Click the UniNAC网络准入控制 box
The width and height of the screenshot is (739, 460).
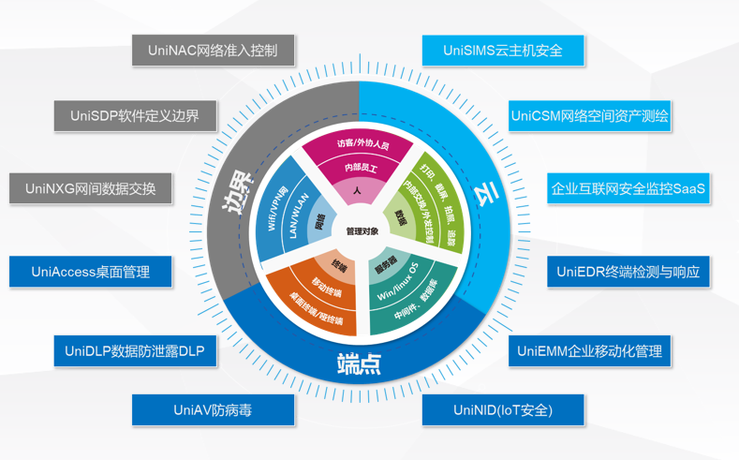213,51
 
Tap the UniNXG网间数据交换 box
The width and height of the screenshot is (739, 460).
90,188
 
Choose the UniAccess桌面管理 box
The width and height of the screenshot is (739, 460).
90,272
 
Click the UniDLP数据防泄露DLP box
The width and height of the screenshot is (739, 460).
135,351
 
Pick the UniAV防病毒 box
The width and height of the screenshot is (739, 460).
213,409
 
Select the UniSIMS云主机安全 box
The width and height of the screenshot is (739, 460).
503,51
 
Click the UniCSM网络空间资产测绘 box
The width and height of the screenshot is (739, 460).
590,116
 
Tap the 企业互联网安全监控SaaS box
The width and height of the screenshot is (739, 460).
628,188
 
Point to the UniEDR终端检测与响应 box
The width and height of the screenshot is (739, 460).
628,272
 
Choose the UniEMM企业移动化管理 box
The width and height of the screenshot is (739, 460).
590,351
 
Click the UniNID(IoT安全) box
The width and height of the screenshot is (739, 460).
503,409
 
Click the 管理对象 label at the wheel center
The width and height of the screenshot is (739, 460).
362,230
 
